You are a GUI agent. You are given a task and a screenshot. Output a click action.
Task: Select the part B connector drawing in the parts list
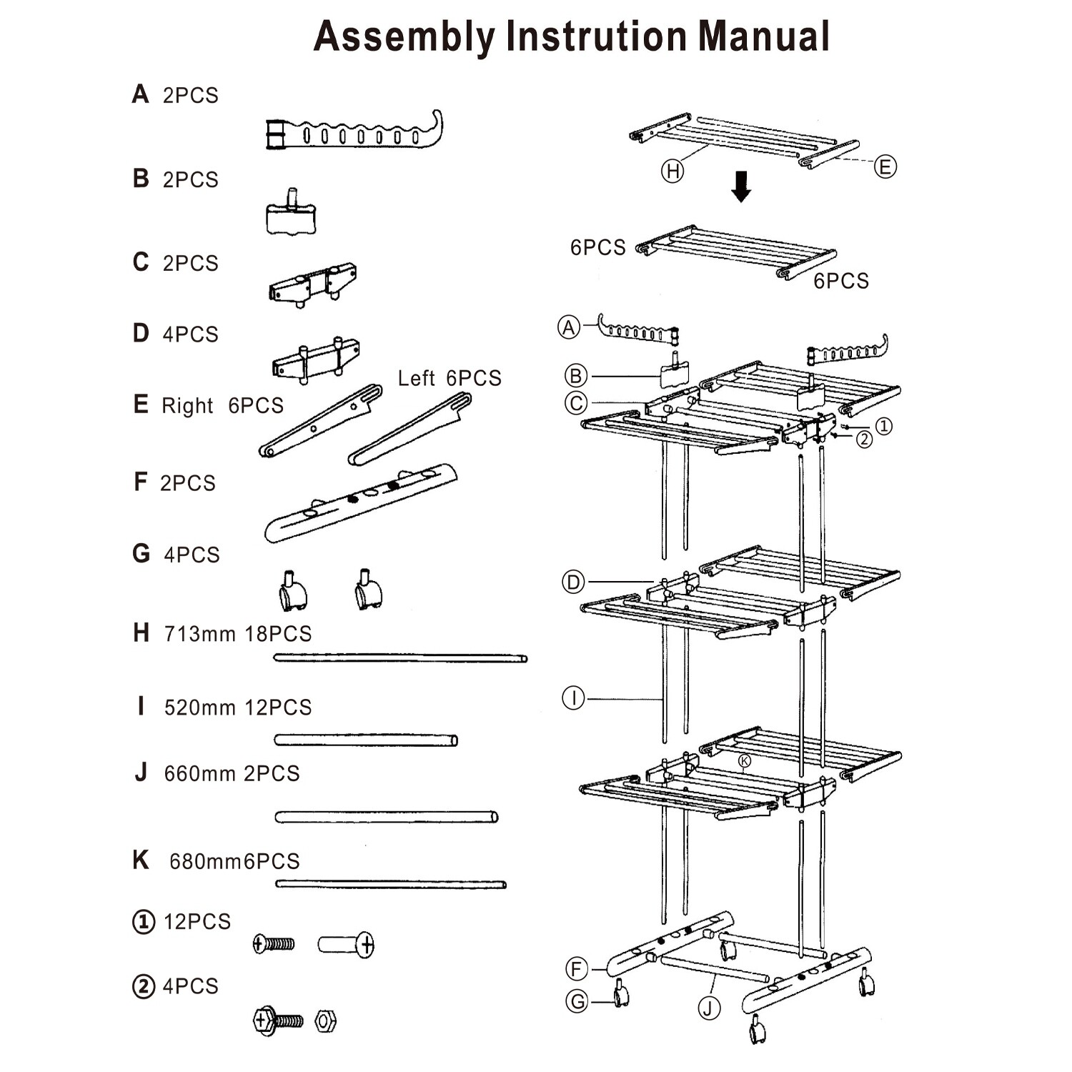pyautogui.click(x=291, y=214)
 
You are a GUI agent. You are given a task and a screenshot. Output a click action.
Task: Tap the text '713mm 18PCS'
pyautogui.click(x=238, y=634)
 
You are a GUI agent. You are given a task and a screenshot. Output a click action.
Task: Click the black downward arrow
pyautogui.click(x=741, y=186)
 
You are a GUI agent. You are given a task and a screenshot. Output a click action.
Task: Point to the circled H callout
pyautogui.click(x=673, y=171)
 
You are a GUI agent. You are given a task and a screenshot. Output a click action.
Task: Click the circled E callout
pyautogui.click(x=885, y=167)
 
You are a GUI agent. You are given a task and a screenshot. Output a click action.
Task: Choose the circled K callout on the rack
pyautogui.click(x=745, y=761)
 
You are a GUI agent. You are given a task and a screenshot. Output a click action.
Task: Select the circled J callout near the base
pyautogui.click(x=709, y=1008)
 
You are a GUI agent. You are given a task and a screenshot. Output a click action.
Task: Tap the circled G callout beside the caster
pyautogui.click(x=577, y=1001)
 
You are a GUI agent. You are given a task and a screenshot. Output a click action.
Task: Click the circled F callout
pyautogui.click(x=577, y=970)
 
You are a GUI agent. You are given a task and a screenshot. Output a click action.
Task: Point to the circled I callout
pyautogui.click(x=573, y=698)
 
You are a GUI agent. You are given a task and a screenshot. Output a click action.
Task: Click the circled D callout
pyautogui.click(x=573, y=582)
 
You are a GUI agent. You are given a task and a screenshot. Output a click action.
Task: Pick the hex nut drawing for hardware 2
pyautogui.click(x=325, y=1021)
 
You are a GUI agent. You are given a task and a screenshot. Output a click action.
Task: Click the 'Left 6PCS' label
pyautogui.click(x=450, y=378)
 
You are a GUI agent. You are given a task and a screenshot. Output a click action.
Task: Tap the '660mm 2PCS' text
pyautogui.click(x=232, y=774)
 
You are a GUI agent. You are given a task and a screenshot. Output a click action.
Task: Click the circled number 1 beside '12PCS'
pyautogui.click(x=144, y=922)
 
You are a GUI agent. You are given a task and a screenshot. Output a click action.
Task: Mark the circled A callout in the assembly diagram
pyautogui.click(x=569, y=327)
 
